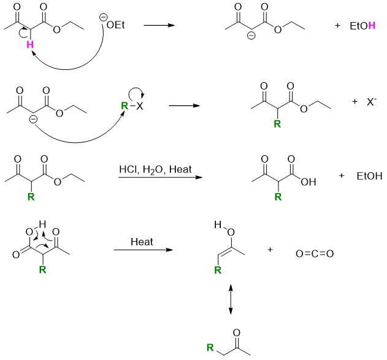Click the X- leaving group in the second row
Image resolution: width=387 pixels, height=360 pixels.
point(372,104)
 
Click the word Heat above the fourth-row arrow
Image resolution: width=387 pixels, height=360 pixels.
point(142,242)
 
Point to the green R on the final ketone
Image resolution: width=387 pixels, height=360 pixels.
point(210,348)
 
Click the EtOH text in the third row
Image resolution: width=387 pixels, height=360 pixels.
point(369,177)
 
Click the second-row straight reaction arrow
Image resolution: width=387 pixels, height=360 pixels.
point(185,105)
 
